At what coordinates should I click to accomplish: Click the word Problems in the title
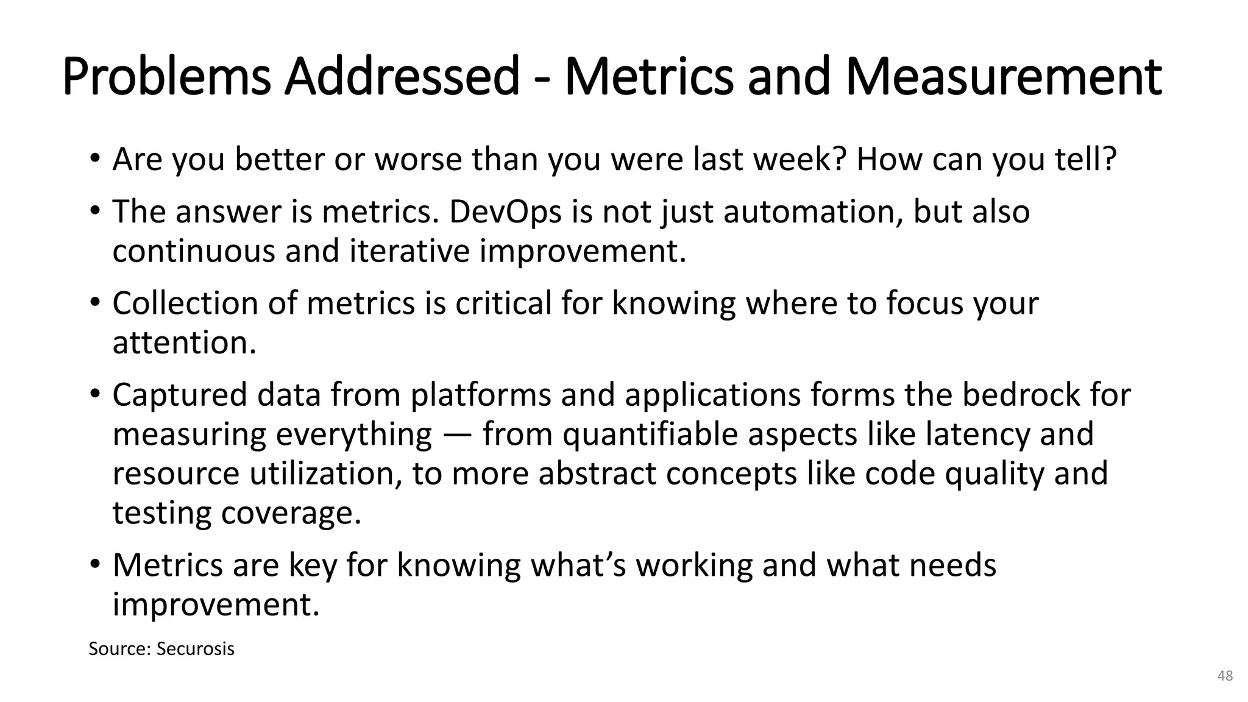click(166, 78)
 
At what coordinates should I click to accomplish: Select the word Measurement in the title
click(1003, 77)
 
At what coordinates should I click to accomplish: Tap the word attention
click(184, 342)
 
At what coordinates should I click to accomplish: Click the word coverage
click(291, 513)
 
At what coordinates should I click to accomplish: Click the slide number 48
click(1225, 676)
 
